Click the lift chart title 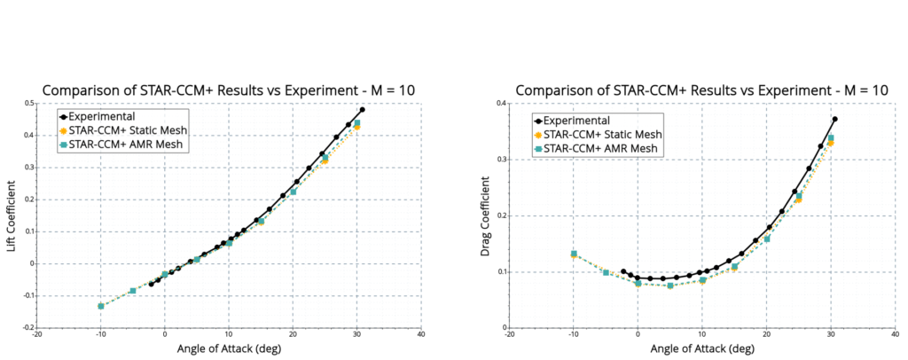pyautogui.click(x=229, y=90)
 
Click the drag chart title pyautogui.click(x=701, y=90)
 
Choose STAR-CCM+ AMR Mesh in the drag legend pyautogui.click(x=600, y=148)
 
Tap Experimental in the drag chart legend pyautogui.click(x=575, y=120)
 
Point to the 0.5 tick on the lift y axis pyautogui.click(x=29, y=104)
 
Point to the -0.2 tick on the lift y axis pyautogui.click(x=27, y=327)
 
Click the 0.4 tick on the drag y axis pyautogui.click(x=501, y=104)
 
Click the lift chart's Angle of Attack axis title pyautogui.click(x=229, y=349)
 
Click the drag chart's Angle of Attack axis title pyautogui.click(x=701, y=349)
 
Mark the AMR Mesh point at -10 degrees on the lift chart pyautogui.click(x=101, y=306)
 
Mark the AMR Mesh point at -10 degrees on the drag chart pyautogui.click(x=574, y=254)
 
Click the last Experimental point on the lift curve pyautogui.click(x=362, y=110)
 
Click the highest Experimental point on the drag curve pyautogui.click(x=834, y=119)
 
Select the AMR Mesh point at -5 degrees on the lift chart pyautogui.click(x=133, y=291)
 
